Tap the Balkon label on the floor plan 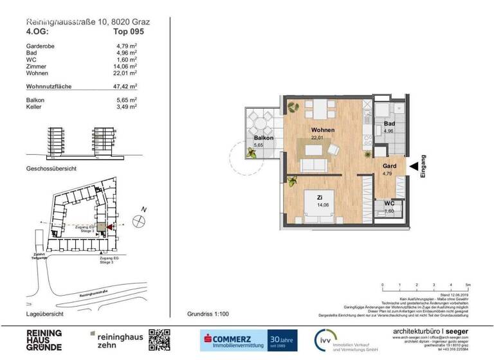click(264, 138)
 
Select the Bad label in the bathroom click(390, 123)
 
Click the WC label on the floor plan click(389, 203)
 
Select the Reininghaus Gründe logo click(44, 339)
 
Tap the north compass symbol click(138, 220)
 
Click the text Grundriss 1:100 click(208, 314)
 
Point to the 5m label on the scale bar click(468, 283)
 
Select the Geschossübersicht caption click(51, 168)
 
